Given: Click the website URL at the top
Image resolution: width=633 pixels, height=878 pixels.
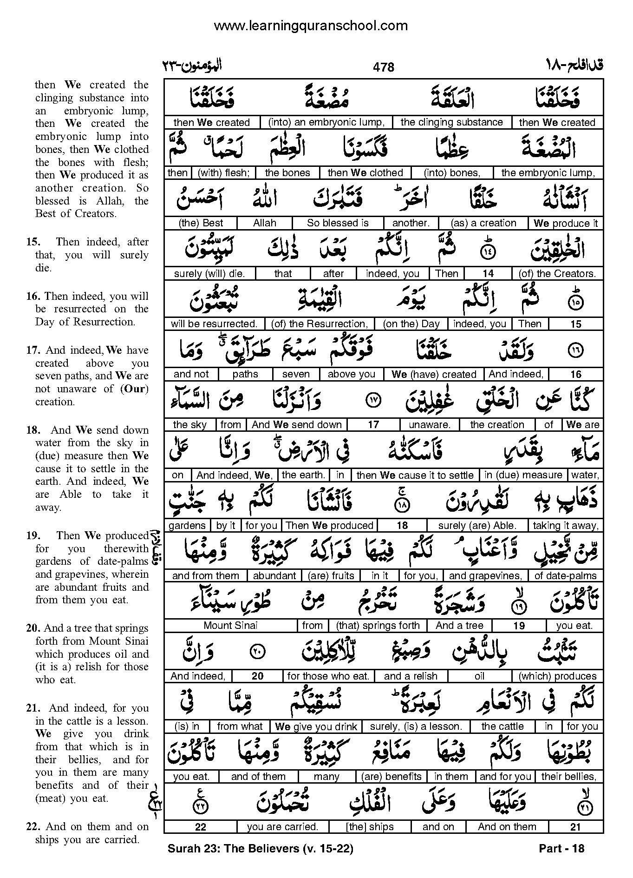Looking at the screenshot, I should [x=311, y=26].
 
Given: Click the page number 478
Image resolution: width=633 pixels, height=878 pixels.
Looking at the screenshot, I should [x=383, y=67].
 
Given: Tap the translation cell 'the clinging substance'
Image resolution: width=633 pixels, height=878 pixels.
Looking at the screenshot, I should [x=451, y=122].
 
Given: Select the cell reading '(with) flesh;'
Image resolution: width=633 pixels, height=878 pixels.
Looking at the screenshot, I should [x=223, y=173].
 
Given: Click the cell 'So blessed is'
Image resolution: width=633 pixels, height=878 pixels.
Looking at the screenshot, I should [x=338, y=223].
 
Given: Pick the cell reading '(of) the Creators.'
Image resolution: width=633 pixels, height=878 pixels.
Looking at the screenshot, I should [x=557, y=274].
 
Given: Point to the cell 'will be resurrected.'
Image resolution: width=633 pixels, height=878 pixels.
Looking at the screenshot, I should [x=214, y=324].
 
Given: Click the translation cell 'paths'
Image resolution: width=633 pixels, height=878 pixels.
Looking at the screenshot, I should [x=245, y=374].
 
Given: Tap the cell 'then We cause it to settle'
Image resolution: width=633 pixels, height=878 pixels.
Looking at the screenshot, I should [x=415, y=475].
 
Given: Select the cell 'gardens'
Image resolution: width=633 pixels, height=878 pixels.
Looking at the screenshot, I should [x=187, y=526].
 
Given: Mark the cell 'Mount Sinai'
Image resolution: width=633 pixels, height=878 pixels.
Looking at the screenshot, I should [x=230, y=626].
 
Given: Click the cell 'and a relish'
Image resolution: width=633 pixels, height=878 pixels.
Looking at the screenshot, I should [x=411, y=676].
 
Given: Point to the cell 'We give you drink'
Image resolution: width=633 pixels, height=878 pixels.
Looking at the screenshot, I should [x=316, y=726].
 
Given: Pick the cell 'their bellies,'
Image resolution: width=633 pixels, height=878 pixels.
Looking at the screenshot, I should [x=568, y=777].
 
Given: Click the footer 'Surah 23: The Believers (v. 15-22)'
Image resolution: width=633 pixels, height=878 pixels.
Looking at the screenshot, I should [x=260, y=849].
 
